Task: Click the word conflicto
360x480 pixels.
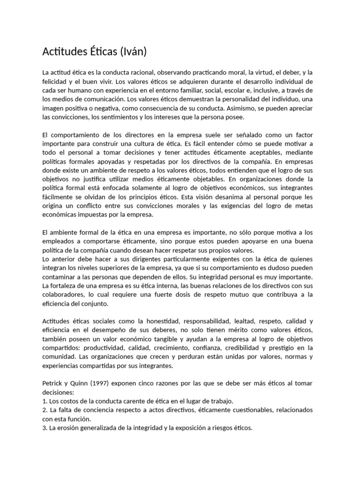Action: click(x=94, y=206)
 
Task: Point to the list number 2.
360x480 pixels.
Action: click(x=45, y=410)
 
